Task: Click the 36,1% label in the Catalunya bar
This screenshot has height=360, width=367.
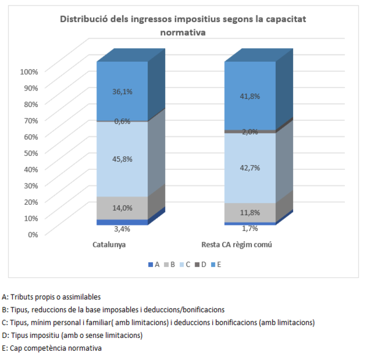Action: (x=122, y=91)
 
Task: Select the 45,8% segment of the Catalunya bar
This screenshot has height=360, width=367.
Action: (x=122, y=159)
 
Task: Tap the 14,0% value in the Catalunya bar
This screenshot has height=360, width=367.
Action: (x=122, y=208)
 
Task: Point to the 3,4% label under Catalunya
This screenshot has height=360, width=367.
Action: (x=122, y=229)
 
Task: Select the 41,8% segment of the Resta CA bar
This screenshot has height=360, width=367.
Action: (x=250, y=96)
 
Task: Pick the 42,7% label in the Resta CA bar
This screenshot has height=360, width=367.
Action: (x=250, y=167)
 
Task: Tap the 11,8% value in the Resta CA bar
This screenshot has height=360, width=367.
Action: (x=250, y=213)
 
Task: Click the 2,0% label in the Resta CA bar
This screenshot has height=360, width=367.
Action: (x=250, y=131)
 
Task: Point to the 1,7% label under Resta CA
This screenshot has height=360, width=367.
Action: (x=250, y=229)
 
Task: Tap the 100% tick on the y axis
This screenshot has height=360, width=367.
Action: (x=29, y=72)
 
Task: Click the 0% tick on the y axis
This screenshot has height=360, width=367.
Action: (x=32, y=233)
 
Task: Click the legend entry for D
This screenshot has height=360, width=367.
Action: (x=202, y=265)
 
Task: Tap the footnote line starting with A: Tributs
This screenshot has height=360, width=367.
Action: (x=51, y=297)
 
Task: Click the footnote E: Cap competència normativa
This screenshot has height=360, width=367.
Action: (x=52, y=348)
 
